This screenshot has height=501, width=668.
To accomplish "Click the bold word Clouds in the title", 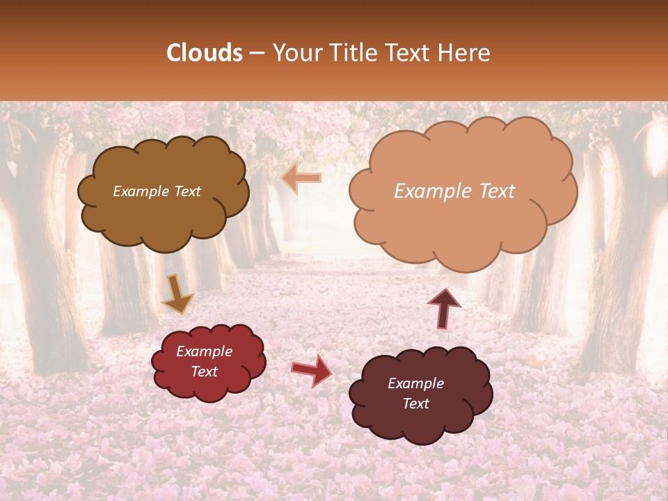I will pyautogui.click(x=205, y=53).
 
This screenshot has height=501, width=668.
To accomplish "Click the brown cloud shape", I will pyautogui.click(x=163, y=216).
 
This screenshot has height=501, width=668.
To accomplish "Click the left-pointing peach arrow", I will pyautogui.click(x=302, y=178).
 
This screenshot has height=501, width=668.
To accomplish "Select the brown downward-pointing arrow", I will pyautogui.click(x=177, y=294).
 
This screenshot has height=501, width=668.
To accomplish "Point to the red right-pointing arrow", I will pyautogui.click(x=312, y=369).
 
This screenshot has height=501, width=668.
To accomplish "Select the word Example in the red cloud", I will pyautogui.click(x=205, y=351).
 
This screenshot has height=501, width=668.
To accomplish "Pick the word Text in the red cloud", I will pyautogui.click(x=205, y=372).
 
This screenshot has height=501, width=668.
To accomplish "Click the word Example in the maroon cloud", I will pyautogui.click(x=415, y=383).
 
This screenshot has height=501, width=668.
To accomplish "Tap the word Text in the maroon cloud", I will pyautogui.click(x=415, y=404).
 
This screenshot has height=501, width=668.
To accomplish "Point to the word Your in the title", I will pyautogui.click(x=296, y=53).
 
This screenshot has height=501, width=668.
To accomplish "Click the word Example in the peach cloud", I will pyautogui.click(x=434, y=191).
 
